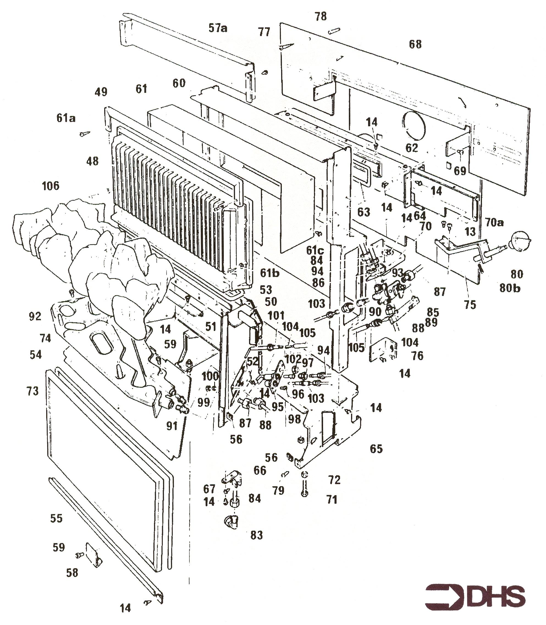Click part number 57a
(x=218, y=28)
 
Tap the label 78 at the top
(x=321, y=17)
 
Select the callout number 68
(x=415, y=45)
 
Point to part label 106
(x=51, y=186)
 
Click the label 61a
(x=66, y=118)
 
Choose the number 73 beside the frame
(x=33, y=391)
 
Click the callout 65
(x=376, y=449)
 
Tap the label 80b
(x=510, y=288)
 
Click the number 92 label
(x=35, y=316)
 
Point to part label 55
(x=56, y=518)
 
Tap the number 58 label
(x=72, y=573)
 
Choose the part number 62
(x=412, y=148)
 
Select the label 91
(x=172, y=426)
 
